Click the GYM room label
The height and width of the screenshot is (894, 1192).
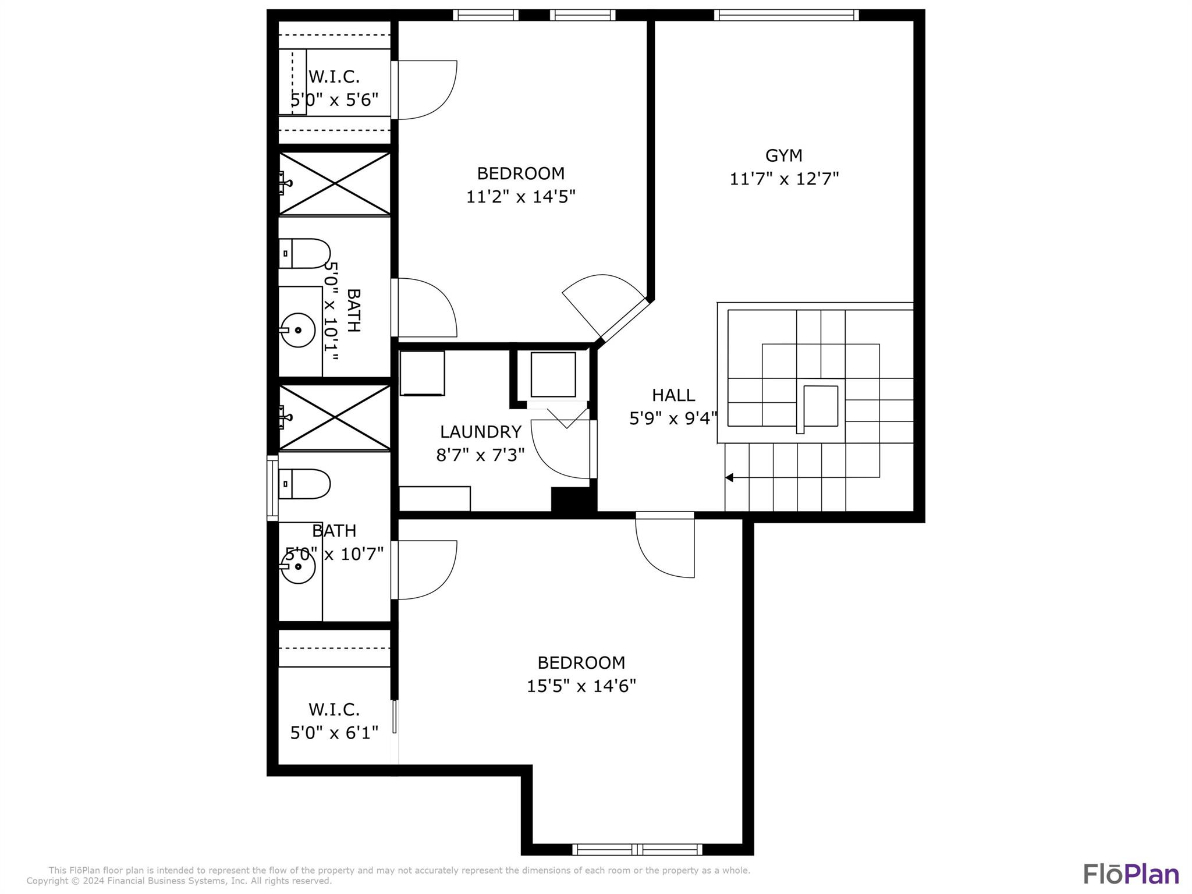783,155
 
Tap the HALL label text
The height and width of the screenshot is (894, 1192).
673,395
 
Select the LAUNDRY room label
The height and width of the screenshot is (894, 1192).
480,432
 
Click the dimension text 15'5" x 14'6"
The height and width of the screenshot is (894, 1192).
581,686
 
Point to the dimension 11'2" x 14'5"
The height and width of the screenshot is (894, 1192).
520,197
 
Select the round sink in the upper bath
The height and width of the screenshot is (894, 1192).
298,330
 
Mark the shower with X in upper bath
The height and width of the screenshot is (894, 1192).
335,184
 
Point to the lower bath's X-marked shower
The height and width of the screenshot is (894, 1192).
335,417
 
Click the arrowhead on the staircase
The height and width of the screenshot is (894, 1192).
729,478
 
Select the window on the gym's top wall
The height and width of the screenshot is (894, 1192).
786,15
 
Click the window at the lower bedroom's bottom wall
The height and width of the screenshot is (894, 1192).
637,850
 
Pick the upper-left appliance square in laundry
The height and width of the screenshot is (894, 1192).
422,373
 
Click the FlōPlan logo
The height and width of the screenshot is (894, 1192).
1130,875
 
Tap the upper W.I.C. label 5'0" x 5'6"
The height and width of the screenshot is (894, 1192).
334,100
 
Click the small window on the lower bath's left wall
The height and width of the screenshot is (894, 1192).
272,488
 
